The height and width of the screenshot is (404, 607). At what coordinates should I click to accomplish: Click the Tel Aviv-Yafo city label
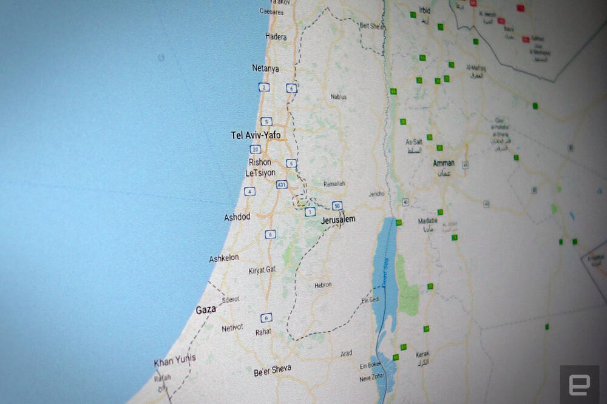(256, 135)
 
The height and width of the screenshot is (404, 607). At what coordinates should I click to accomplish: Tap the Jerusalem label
(338, 220)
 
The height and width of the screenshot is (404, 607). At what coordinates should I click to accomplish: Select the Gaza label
(206, 310)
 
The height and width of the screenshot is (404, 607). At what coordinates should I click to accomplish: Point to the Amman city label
(444, 163)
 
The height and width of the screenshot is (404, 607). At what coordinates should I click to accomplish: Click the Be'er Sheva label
(273, 369)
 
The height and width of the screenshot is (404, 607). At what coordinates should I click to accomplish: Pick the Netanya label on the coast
(265, 69)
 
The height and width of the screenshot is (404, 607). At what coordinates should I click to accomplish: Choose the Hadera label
(276, 37)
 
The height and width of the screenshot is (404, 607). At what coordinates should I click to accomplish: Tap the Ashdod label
(237, 217)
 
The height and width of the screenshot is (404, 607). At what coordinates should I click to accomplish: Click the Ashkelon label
(224, 259)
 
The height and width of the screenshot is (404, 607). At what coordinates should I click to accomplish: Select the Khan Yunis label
(175, 361)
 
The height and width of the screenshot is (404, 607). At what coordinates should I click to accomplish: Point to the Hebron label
(323, 284)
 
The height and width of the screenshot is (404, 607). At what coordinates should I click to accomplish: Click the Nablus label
(339, 97)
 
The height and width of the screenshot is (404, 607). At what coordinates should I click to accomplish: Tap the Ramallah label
(334, 184)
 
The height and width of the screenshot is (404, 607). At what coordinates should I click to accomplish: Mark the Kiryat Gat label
(262, 271)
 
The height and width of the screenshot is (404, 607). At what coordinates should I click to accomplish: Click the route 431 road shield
(281, 184)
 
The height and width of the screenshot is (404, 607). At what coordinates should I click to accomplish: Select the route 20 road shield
(255, 149)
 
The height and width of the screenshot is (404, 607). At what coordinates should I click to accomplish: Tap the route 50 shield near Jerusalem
(337, 205)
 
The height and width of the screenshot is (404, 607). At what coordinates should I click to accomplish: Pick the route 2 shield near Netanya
(263, 87)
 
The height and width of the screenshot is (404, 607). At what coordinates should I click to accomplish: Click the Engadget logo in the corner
(579, 384)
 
